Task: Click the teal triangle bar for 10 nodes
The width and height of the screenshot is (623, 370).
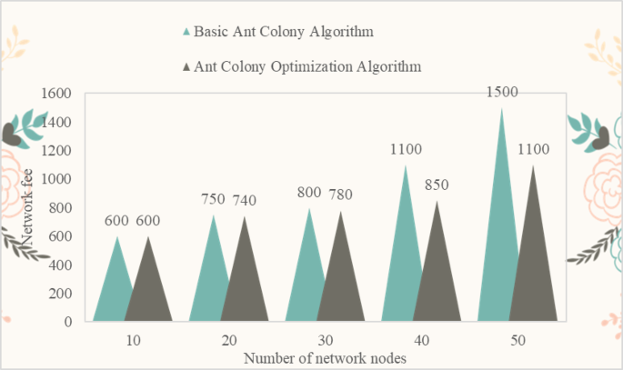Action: click(x=115, y=291)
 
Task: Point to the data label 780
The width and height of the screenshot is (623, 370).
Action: click(x=340, y=194)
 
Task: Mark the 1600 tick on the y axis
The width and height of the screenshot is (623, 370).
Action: click(x=56, y=94)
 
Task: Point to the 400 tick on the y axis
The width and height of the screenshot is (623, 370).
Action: click(x=60, y=265)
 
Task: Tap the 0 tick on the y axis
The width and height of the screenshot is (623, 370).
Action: click(x=68, y=322)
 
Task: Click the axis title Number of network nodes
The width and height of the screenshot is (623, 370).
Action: click(x=324, y=358)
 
